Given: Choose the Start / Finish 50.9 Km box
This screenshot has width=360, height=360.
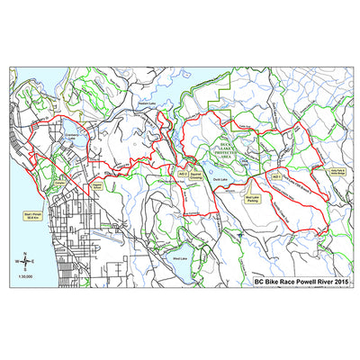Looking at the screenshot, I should [x=31, y=215].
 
